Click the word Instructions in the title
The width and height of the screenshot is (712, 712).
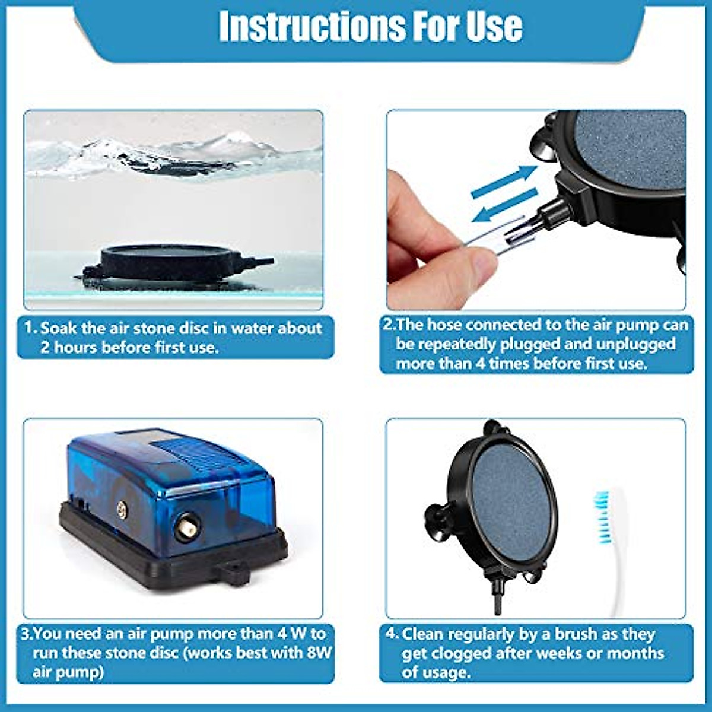(x=308, y=27)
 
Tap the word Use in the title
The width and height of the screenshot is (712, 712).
(x=494, y=27)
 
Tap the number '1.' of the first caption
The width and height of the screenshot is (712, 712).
(x=31, y=328)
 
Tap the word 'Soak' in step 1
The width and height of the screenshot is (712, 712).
(x=58, y=328)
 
